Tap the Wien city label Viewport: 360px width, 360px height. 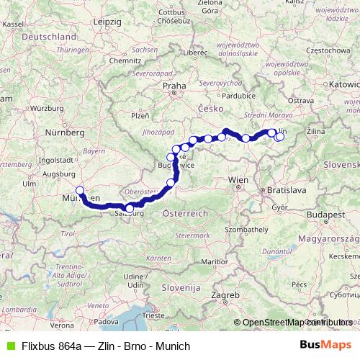pyautogui.click(x=237, y=178)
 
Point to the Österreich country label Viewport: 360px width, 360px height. pyautogui.click(x=185, y=214)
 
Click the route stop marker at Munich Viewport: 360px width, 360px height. pyautogui.click(x=80, y=191)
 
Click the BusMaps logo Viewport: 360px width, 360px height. pyautogui.click(x=325, y=346)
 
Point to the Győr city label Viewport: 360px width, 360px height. pyautogui.click(x=279, y=207)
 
